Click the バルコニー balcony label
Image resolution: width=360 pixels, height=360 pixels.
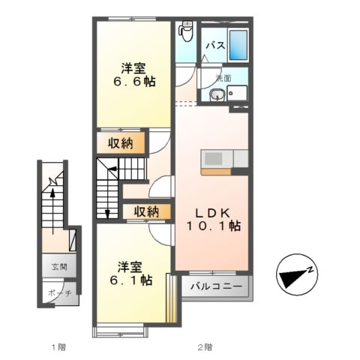(x=215, y=286)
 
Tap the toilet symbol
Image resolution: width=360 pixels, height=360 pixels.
(x=187, y=31)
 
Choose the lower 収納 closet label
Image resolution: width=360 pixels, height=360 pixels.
(x=147, y=211)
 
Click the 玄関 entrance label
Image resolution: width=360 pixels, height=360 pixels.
(x=58, y=266)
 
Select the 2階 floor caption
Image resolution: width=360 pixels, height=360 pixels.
(x=205, y=347)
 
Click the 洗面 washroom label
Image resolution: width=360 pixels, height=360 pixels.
(x=223, y=77)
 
